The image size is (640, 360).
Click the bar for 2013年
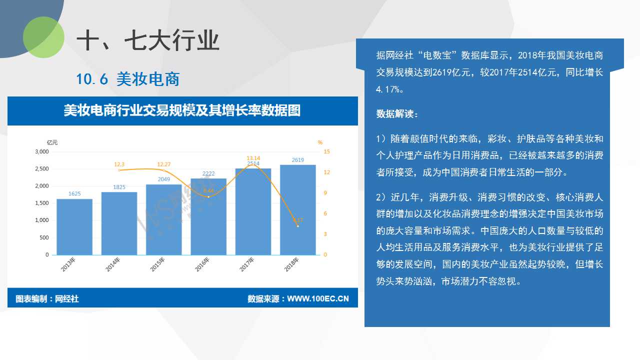(74, 227)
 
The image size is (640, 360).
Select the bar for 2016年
(208, 216)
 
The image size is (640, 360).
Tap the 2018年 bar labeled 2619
(297, 210)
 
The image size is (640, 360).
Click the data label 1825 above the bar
(119, 187)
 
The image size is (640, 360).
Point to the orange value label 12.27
(163, 164)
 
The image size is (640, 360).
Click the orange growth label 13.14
(253, 158)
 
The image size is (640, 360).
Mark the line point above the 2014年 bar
(119, 170)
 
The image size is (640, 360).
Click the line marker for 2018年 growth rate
(297, 226)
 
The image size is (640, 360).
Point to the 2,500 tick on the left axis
(42, 169)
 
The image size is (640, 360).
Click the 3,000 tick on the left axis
(42, 151)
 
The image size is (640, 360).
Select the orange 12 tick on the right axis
(326, 172)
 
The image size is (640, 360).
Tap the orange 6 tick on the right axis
(325, 213)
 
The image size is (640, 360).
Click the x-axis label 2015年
(157, 264)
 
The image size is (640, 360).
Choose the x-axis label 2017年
(246, 264)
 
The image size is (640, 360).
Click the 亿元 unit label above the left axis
(52, 142)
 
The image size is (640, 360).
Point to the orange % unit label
(320, 142)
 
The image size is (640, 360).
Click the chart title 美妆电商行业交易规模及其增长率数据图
(182, 110)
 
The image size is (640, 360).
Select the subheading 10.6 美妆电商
(127, 79)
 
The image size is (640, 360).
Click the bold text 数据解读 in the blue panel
(395, 113)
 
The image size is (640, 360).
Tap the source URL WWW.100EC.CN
(317, 299)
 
